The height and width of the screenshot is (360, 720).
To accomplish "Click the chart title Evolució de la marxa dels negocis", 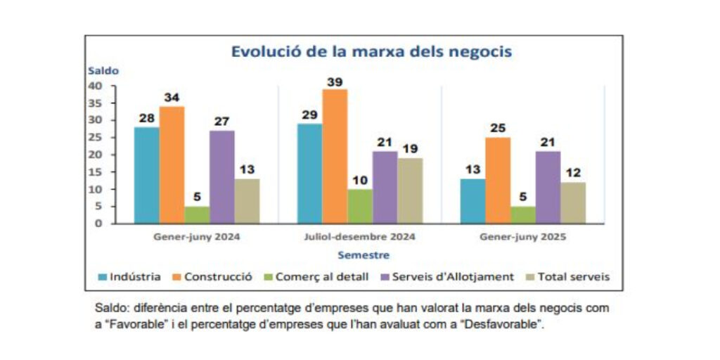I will click(x=371, y=51).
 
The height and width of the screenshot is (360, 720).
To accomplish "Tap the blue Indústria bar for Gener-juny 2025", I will click(x=472, y=201).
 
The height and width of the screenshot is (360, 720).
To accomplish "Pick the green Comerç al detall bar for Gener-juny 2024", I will click(x=197, y=214).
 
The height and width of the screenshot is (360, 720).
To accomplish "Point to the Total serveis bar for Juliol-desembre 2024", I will click(x=411, y=191).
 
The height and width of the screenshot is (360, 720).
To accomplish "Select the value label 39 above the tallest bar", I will click(x=335, y=82).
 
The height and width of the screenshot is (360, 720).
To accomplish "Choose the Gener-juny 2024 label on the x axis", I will click(x=197, y=237).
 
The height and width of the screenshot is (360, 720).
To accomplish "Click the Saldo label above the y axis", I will click(x=103, y=70).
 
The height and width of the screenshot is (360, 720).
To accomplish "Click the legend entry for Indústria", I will click(x=130, y=277).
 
